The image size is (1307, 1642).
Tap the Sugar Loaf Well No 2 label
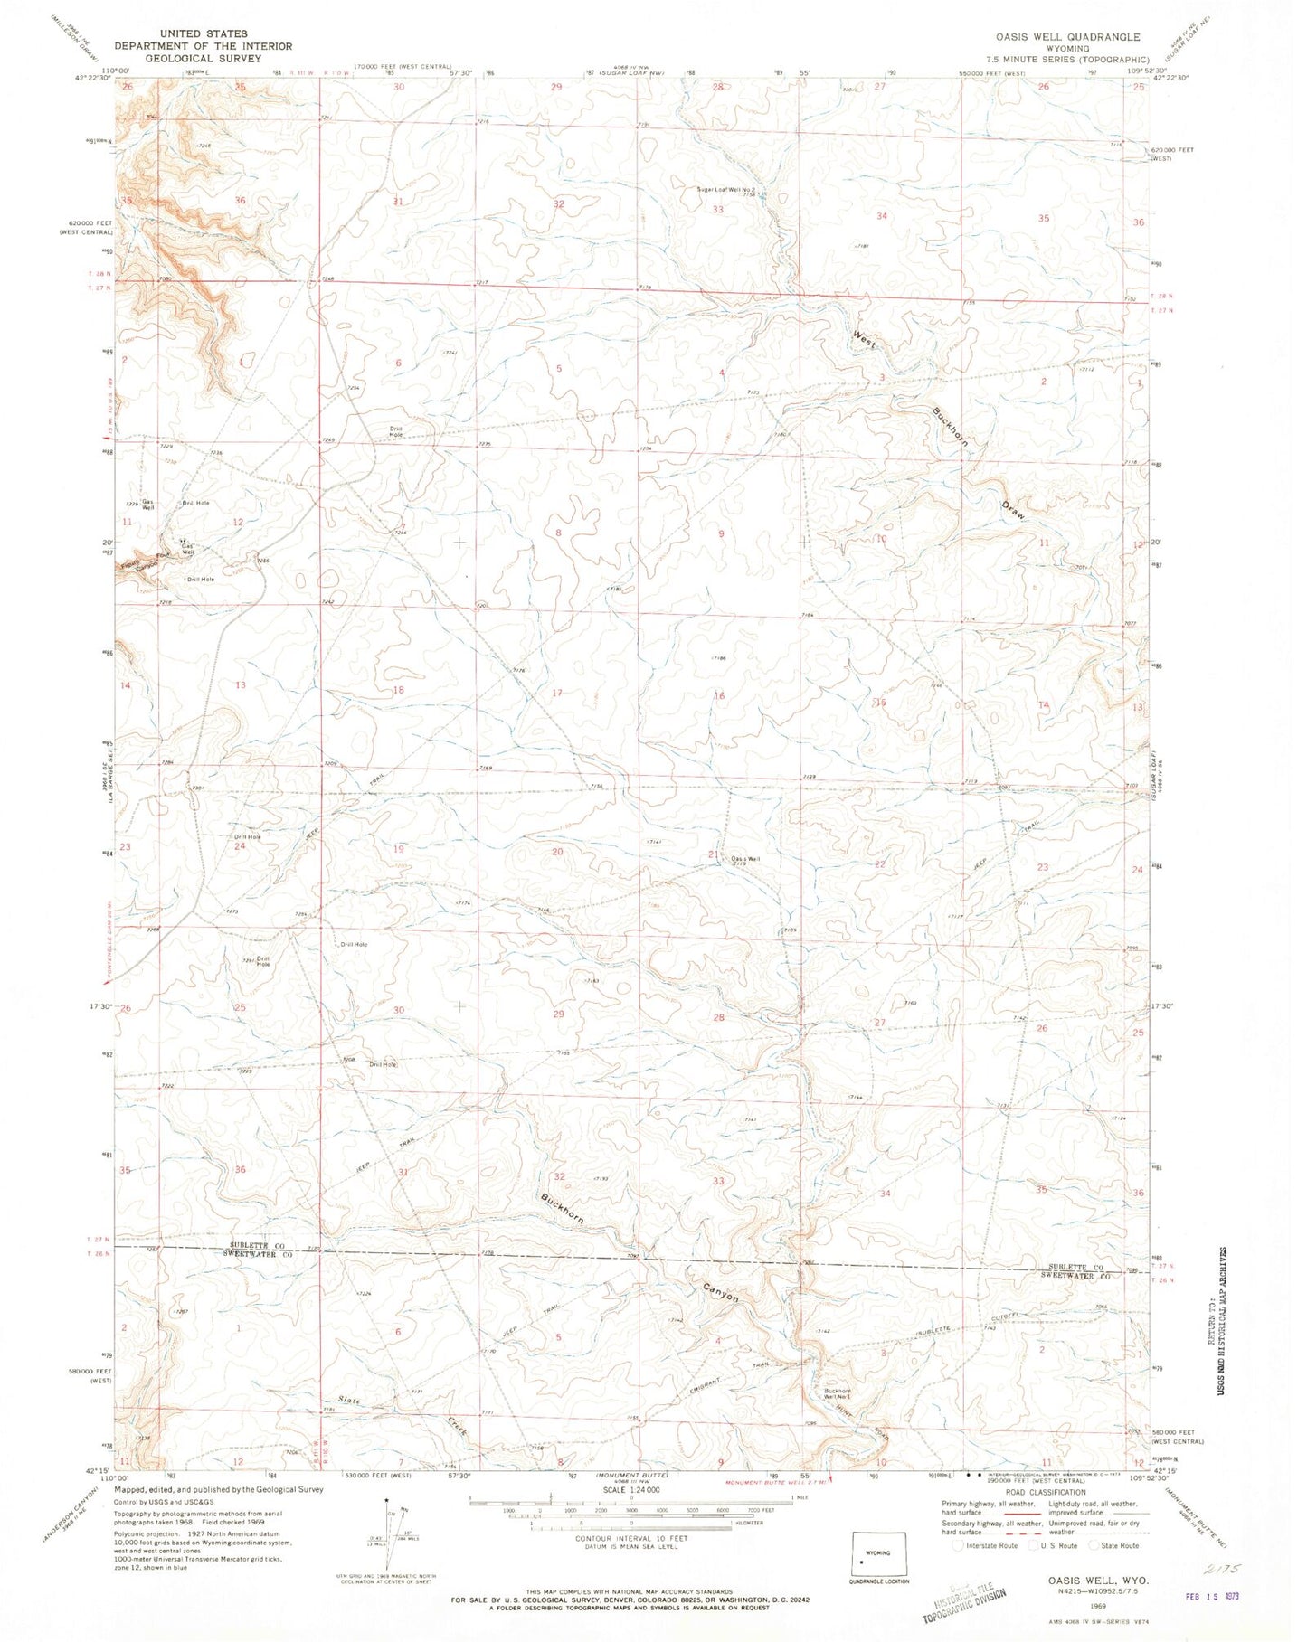[725, 189]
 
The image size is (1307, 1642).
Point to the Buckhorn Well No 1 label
[838, 1393]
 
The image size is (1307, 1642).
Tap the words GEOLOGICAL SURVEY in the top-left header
[204, 58]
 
